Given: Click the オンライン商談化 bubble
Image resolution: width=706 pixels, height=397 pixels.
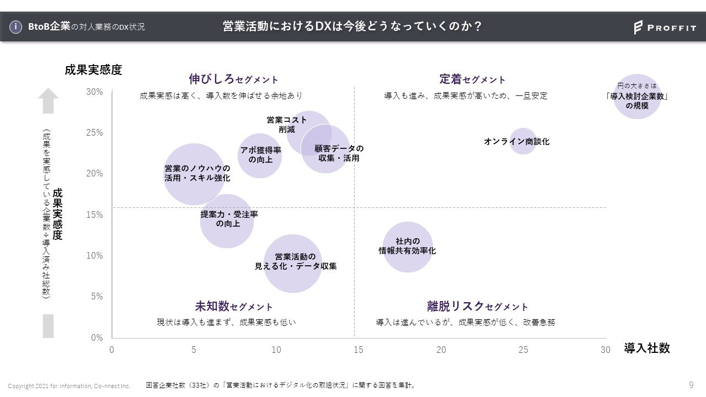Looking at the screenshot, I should pos(522,141).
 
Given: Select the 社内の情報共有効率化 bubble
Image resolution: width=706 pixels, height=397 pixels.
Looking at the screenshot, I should pos(408,246).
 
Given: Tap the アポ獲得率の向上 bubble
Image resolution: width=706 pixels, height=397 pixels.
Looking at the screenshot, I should pos(260,155).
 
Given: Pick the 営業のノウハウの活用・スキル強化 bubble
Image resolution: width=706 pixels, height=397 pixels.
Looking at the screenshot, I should pos(194,174).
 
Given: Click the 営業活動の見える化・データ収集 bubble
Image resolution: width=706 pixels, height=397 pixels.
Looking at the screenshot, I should pos(293,263).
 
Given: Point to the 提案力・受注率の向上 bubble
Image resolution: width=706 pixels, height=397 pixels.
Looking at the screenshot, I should pos(226,221).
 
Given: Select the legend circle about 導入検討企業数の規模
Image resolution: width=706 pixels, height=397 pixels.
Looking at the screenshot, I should pos(637,96).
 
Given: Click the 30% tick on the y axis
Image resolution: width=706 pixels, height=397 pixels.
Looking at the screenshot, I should pos(94,92).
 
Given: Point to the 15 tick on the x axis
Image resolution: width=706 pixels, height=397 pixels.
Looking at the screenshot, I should pos(359,350).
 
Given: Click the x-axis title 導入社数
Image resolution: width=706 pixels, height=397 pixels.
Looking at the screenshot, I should pos(647,348).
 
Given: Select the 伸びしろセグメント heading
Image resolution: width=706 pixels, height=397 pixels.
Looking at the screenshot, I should pos(233,79).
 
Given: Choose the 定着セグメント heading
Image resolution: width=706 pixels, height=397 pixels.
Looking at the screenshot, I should pos(472,79).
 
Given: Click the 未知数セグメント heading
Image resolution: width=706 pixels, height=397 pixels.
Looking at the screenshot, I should pos(233,307).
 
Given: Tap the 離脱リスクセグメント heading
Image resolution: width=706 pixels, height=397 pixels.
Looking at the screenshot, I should pos(477,307).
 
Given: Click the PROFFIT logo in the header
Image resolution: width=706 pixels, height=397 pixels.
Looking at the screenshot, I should pos(665,28).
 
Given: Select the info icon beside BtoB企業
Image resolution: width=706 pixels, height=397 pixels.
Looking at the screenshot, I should pos(17,26).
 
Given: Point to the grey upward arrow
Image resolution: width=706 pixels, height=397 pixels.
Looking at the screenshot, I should pos(48,100).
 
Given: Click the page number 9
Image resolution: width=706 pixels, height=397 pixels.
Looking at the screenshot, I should pos(691,385).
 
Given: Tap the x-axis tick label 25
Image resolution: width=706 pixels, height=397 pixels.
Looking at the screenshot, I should pos(523,350).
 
